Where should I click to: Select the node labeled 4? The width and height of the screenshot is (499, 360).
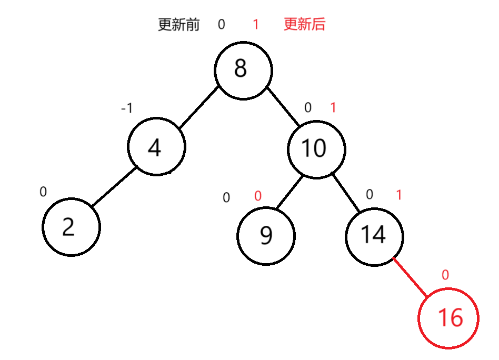tap(156, 147)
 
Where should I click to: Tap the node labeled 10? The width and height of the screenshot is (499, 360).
tap(316, 148)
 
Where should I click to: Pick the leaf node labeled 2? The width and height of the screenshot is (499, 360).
tap(71, 227)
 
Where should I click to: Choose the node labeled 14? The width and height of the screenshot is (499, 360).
tap(374, 234)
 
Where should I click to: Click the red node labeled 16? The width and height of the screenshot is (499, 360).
tap(448, 318)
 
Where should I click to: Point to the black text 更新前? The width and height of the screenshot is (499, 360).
tap(179, 25)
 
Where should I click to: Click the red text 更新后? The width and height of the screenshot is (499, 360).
tap(304, 24)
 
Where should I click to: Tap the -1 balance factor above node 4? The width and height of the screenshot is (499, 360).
tap(127, 108)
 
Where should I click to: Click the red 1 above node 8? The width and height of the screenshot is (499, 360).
tap(256, 25)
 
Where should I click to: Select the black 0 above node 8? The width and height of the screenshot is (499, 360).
tap(221, 25)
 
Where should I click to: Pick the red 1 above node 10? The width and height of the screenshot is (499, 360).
tap(333, 108)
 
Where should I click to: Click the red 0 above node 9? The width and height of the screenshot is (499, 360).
tap(257, 196)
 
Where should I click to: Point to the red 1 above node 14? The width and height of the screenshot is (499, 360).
tap(398, 195)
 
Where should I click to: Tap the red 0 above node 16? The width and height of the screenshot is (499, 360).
tap(445, 275)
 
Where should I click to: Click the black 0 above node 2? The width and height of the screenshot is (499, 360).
tap(43, 192)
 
